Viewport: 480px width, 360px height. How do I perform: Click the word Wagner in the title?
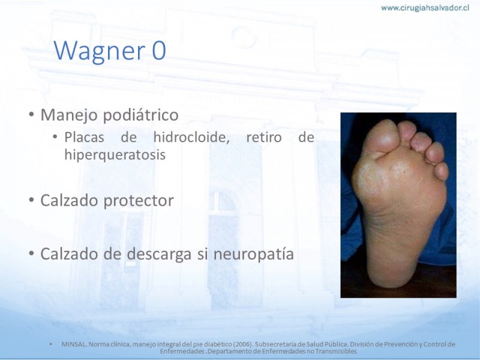(99, 50)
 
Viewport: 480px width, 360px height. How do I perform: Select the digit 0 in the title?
(159, 50)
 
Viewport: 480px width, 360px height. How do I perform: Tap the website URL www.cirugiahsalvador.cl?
(425, 8)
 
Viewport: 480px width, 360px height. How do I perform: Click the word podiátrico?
(140, 115)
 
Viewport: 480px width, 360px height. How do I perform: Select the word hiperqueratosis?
(115, 155)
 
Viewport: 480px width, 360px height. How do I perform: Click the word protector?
(139, 200)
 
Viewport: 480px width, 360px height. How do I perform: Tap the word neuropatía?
(253, 254)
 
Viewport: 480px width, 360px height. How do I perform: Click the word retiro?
(264, 137)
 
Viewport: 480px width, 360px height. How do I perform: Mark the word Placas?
(84, 137)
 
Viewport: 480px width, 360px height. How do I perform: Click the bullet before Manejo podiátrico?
(31, 115)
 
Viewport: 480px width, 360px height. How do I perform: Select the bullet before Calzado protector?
(31, 200)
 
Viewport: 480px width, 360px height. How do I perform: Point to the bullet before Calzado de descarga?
(31, 253)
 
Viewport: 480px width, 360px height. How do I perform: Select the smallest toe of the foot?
(442, 171)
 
